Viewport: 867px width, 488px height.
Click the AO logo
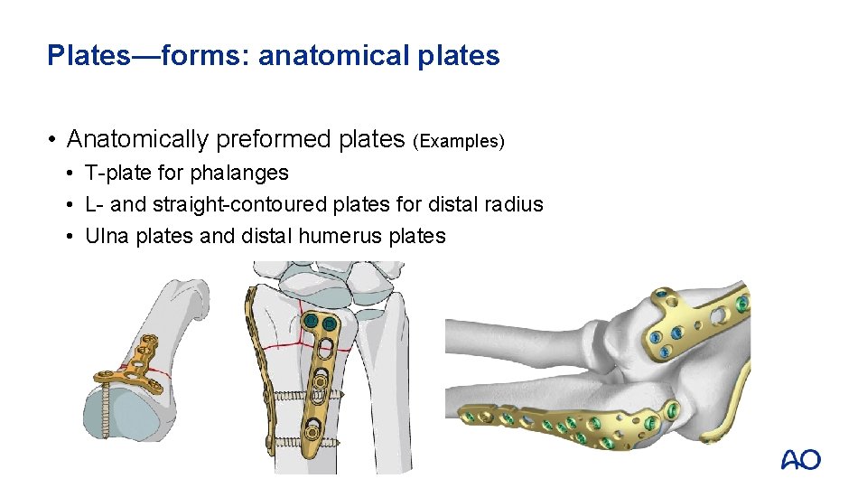[x=800, y=459]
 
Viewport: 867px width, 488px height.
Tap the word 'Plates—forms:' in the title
[x=148, y=56]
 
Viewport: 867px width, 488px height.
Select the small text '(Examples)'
[x=459, y=142]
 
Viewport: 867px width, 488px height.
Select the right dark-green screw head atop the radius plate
[x=330, y=323]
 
